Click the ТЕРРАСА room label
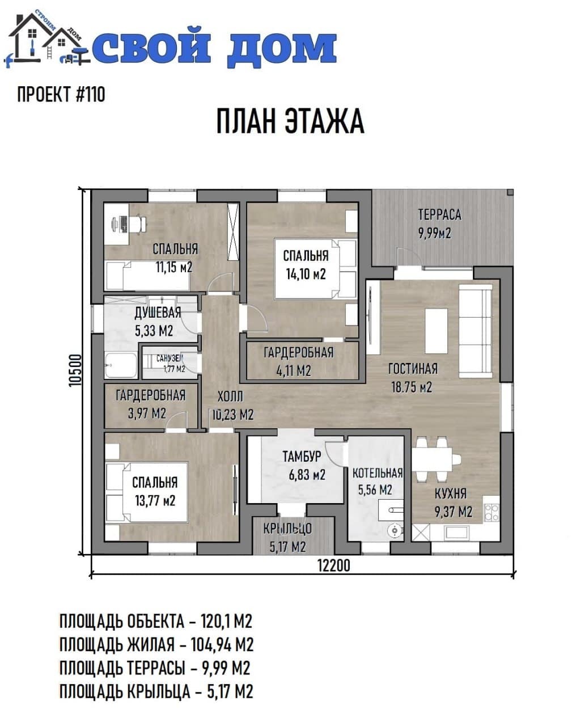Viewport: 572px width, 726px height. [439, 214]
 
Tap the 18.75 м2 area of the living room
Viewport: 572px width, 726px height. [412, 387]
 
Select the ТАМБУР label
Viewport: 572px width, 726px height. [302, 457]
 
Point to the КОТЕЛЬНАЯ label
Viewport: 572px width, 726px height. [378, 473]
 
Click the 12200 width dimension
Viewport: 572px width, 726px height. [334, 565]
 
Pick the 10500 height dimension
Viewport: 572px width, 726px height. [75, 370]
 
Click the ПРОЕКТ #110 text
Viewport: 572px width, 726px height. [61, 94]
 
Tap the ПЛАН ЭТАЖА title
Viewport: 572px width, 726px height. [290, 121]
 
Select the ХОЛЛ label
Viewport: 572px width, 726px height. [230, 397]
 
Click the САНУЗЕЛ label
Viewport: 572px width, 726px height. [170, 358]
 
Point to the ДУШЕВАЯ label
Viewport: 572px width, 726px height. [158, 313]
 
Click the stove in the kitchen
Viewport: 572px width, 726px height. [492, 512]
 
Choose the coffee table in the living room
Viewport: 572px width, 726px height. [437, 331]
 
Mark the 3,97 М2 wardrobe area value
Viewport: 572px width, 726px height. [147, 413]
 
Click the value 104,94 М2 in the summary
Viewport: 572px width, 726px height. [222, 645]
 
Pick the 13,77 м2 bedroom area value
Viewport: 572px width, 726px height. [155, 501]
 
